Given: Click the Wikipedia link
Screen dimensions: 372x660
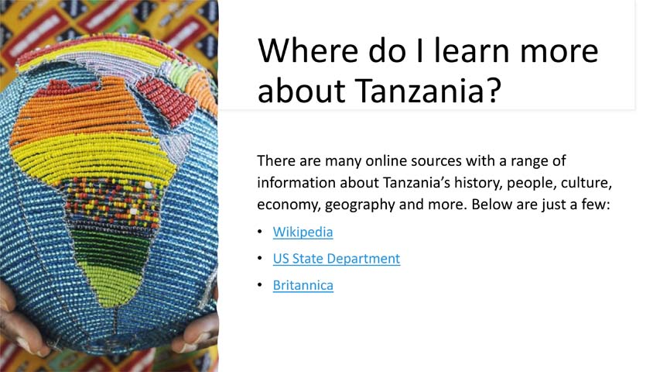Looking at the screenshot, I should pyautogui.click(x=303, y=232).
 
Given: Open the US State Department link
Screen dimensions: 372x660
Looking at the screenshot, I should pyautogui.click(x=336, y=259).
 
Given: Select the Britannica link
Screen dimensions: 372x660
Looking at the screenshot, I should pyautogui.click(x=303, y=285).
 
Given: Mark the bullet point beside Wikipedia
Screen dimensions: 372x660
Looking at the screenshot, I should pyautogui.click(x=261, y=232).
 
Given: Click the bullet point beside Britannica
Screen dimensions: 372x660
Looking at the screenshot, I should pyautogui.click(x=261, y=286).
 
